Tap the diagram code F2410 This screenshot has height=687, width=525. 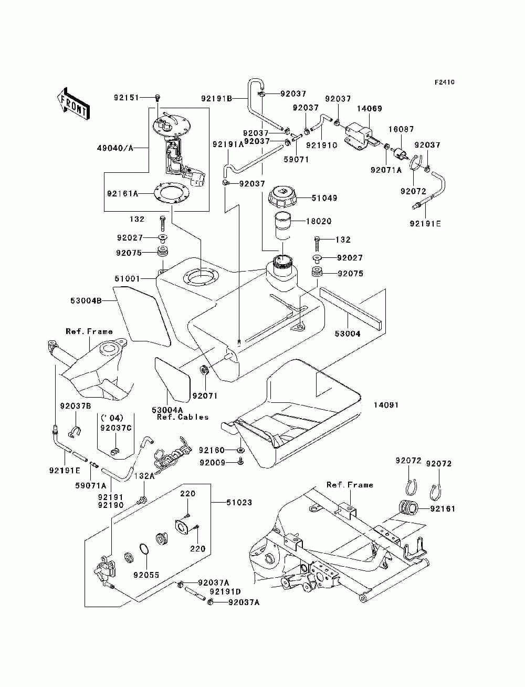tap(444, 82)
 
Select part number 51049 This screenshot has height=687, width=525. tap(324, 198)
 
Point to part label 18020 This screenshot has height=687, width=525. tap(319, 221)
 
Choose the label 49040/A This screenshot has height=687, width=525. tap(115, 148)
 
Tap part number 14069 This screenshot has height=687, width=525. tap(370, 109)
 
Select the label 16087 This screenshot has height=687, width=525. tap(401, 129)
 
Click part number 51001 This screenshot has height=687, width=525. tap(127, 278)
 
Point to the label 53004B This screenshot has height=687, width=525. tap(86, 301)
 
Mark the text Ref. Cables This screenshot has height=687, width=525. tap(183, 417)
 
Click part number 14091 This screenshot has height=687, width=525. tap(386, 405)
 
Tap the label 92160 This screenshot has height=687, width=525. tap(212, 450)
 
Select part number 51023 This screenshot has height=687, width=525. tap(239, 502)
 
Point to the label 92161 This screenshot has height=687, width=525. tap(443, 508)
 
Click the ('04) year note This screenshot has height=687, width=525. tap(112, 418)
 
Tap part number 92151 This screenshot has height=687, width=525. tap(126, 98)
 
